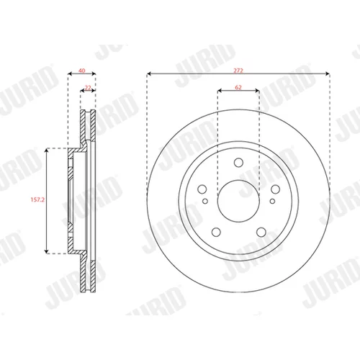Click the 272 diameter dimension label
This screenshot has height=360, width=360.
[x=238, y=71]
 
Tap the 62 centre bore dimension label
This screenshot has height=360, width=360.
[x=238, y=87]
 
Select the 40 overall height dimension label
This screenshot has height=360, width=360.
[x=82, y=71]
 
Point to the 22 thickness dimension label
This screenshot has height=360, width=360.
[x=88, y=88]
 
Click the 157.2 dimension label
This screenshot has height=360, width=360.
[x=37, y=199]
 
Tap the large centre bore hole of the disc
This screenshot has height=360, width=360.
[x=238, y=201]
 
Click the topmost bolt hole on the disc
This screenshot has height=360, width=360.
[x=238, y=163]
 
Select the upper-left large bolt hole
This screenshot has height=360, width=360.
[x=202, y=189]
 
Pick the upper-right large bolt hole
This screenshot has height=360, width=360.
[x=275, y=189]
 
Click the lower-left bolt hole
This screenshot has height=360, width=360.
[x=216, y=232]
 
